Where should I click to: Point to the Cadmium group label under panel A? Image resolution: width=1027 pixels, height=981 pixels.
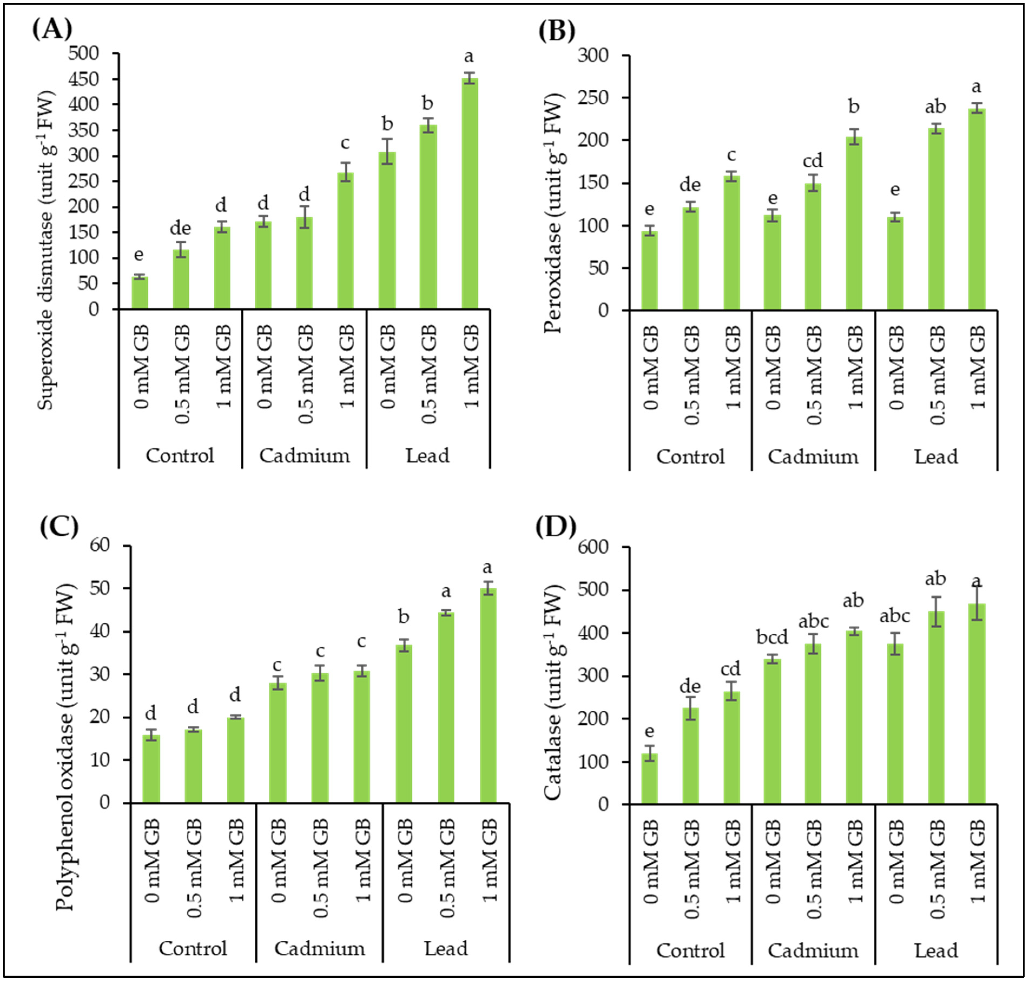click(305, 455)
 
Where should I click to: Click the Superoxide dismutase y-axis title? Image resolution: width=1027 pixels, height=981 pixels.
click(46, 251)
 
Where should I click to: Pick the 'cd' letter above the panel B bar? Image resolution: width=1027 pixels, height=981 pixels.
click(813, 161)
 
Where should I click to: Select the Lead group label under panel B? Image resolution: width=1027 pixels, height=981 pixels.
click(936, 457)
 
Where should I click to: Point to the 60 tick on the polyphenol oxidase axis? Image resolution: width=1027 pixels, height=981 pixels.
click(100, 546)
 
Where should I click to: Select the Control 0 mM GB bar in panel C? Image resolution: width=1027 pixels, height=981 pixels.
click(151, 769)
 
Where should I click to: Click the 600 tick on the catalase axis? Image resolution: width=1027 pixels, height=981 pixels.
click(593, 547)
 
